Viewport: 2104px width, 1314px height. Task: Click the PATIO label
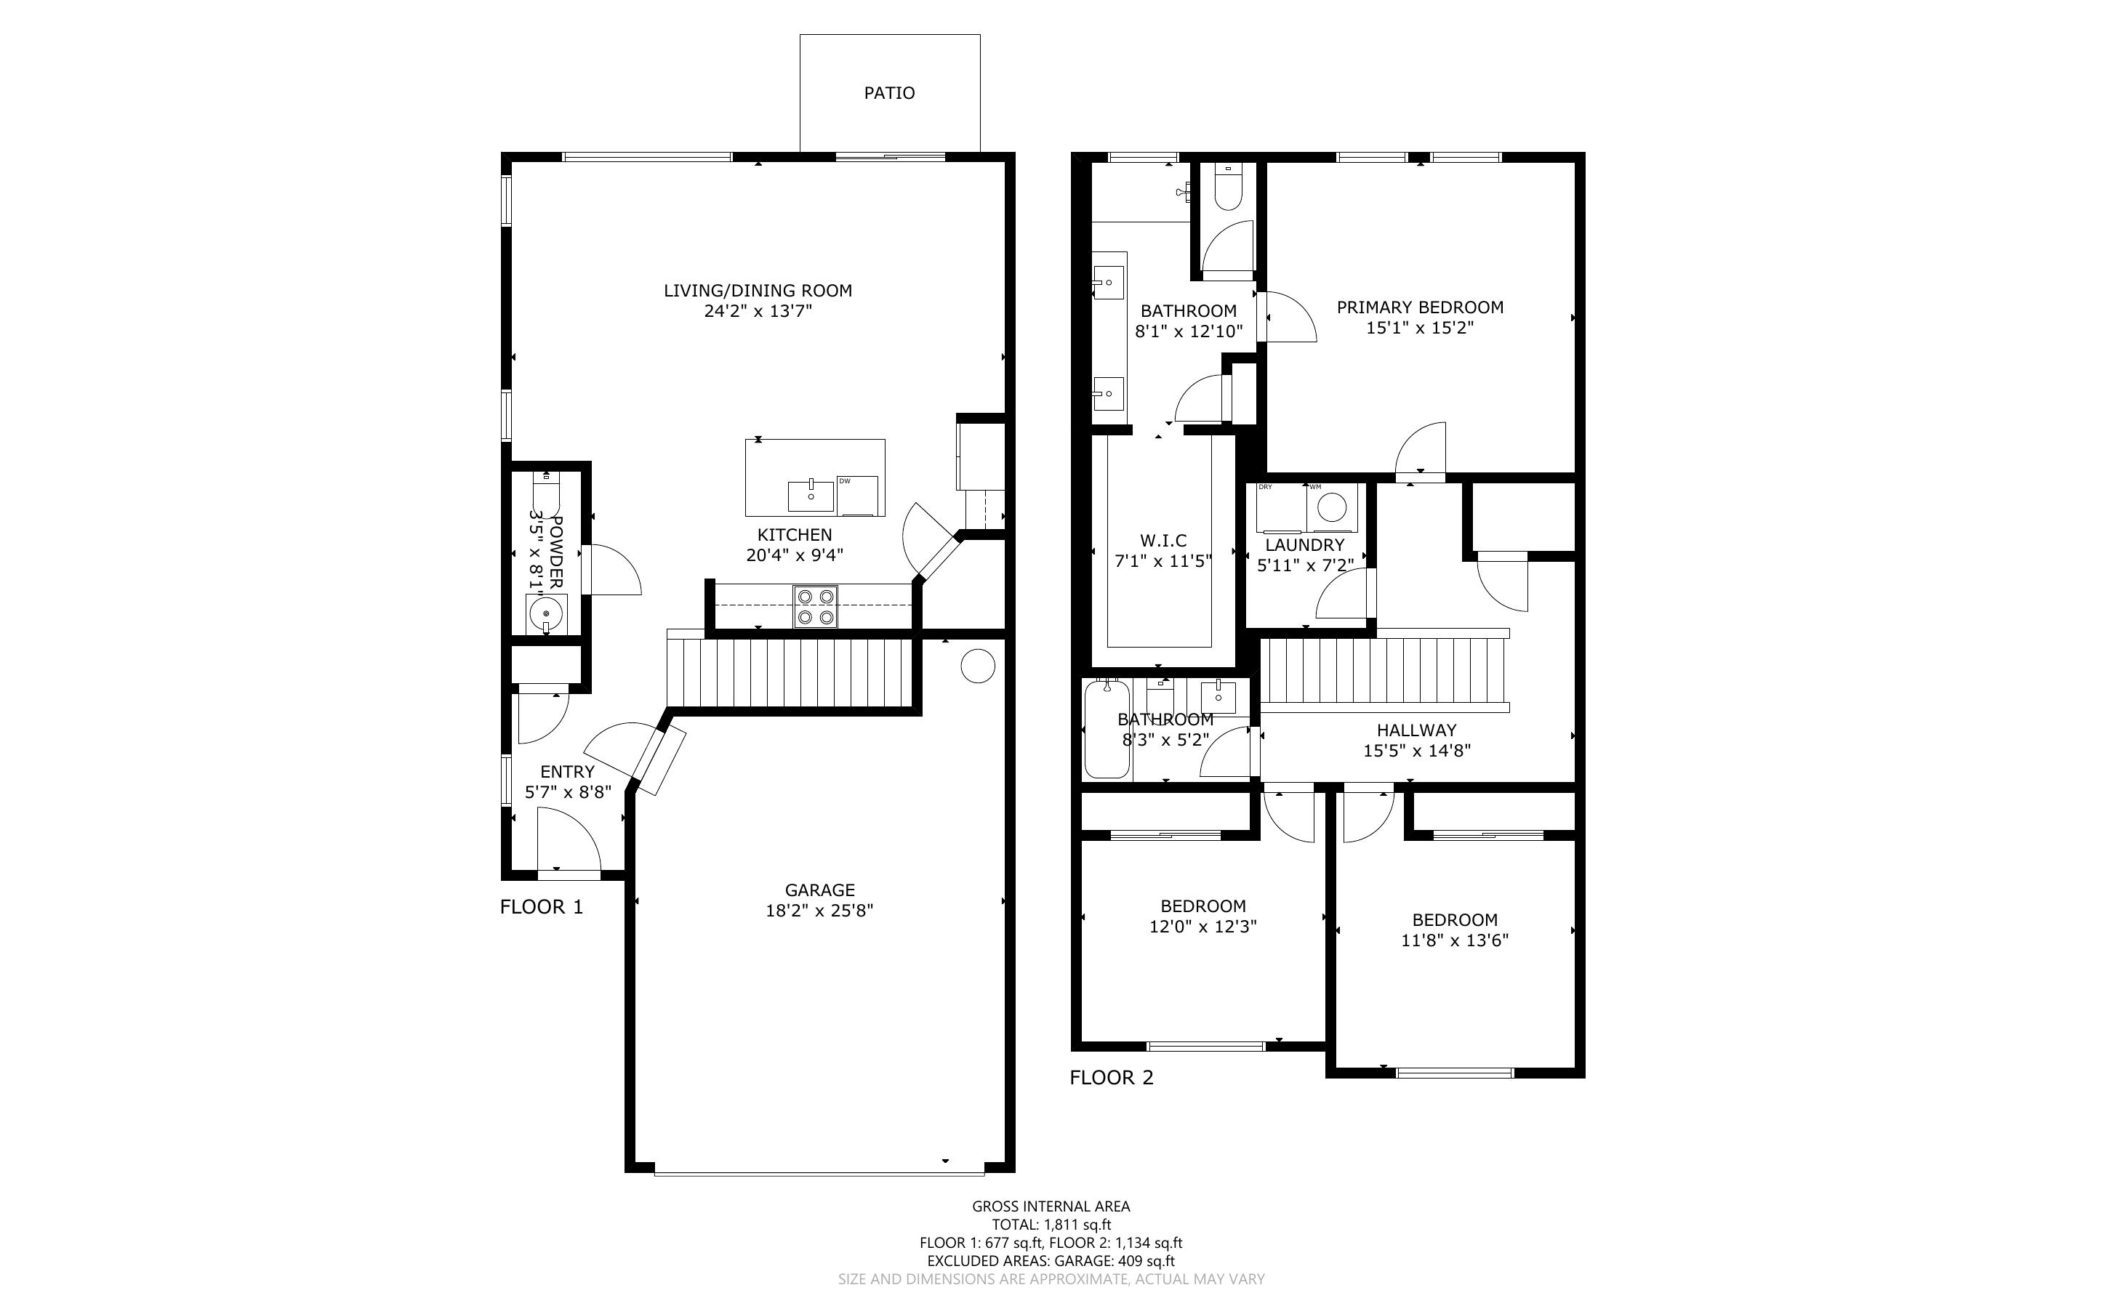click(x=889, y=93)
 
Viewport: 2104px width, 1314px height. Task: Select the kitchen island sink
click(x=811, y=496)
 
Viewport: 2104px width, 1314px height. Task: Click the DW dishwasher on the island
click(x=858, y=496)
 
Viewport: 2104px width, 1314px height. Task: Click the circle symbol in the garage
click(x=977, y=666)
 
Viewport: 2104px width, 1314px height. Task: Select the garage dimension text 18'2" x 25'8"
click(x=819, y=911)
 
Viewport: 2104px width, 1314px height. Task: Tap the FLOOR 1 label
click(x=542, y=907)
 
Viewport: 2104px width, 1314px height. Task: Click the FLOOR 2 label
click(x=1112, y=1078)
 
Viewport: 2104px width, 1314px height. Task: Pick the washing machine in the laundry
click(x=1333, y=507)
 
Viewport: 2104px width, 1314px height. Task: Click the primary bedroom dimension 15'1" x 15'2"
click(x=1420, y=328)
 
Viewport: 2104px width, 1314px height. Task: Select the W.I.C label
click(x=1163, y=541)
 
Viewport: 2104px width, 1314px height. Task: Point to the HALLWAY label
click(x=1416, y=730)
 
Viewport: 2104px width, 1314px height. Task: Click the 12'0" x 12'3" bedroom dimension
click(x=1202, y=927)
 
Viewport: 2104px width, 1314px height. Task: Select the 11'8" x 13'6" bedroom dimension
click(x=1455, y=940)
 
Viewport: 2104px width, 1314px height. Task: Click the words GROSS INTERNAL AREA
click(x=1051, y=1206)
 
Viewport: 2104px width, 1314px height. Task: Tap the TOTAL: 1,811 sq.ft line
click(x=1051, y=1225)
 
